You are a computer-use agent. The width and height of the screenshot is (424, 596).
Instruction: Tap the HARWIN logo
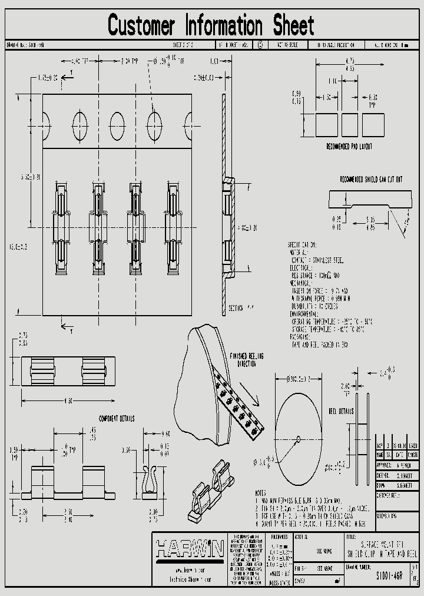pos(188,549)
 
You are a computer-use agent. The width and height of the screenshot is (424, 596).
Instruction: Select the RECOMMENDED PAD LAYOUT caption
pos(349,146)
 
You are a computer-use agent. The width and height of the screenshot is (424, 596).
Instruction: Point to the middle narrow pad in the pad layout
pos(349,124)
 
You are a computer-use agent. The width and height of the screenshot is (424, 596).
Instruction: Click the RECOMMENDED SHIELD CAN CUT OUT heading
pos(371,178)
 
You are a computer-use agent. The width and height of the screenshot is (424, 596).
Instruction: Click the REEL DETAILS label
pos(340,410)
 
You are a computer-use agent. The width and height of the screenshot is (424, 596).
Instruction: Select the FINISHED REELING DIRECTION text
pos(247,360)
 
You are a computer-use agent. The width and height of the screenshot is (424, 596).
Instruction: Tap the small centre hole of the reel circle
pos(298,438)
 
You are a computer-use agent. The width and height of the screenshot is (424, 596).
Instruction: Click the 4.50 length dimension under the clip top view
pos(68,401)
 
